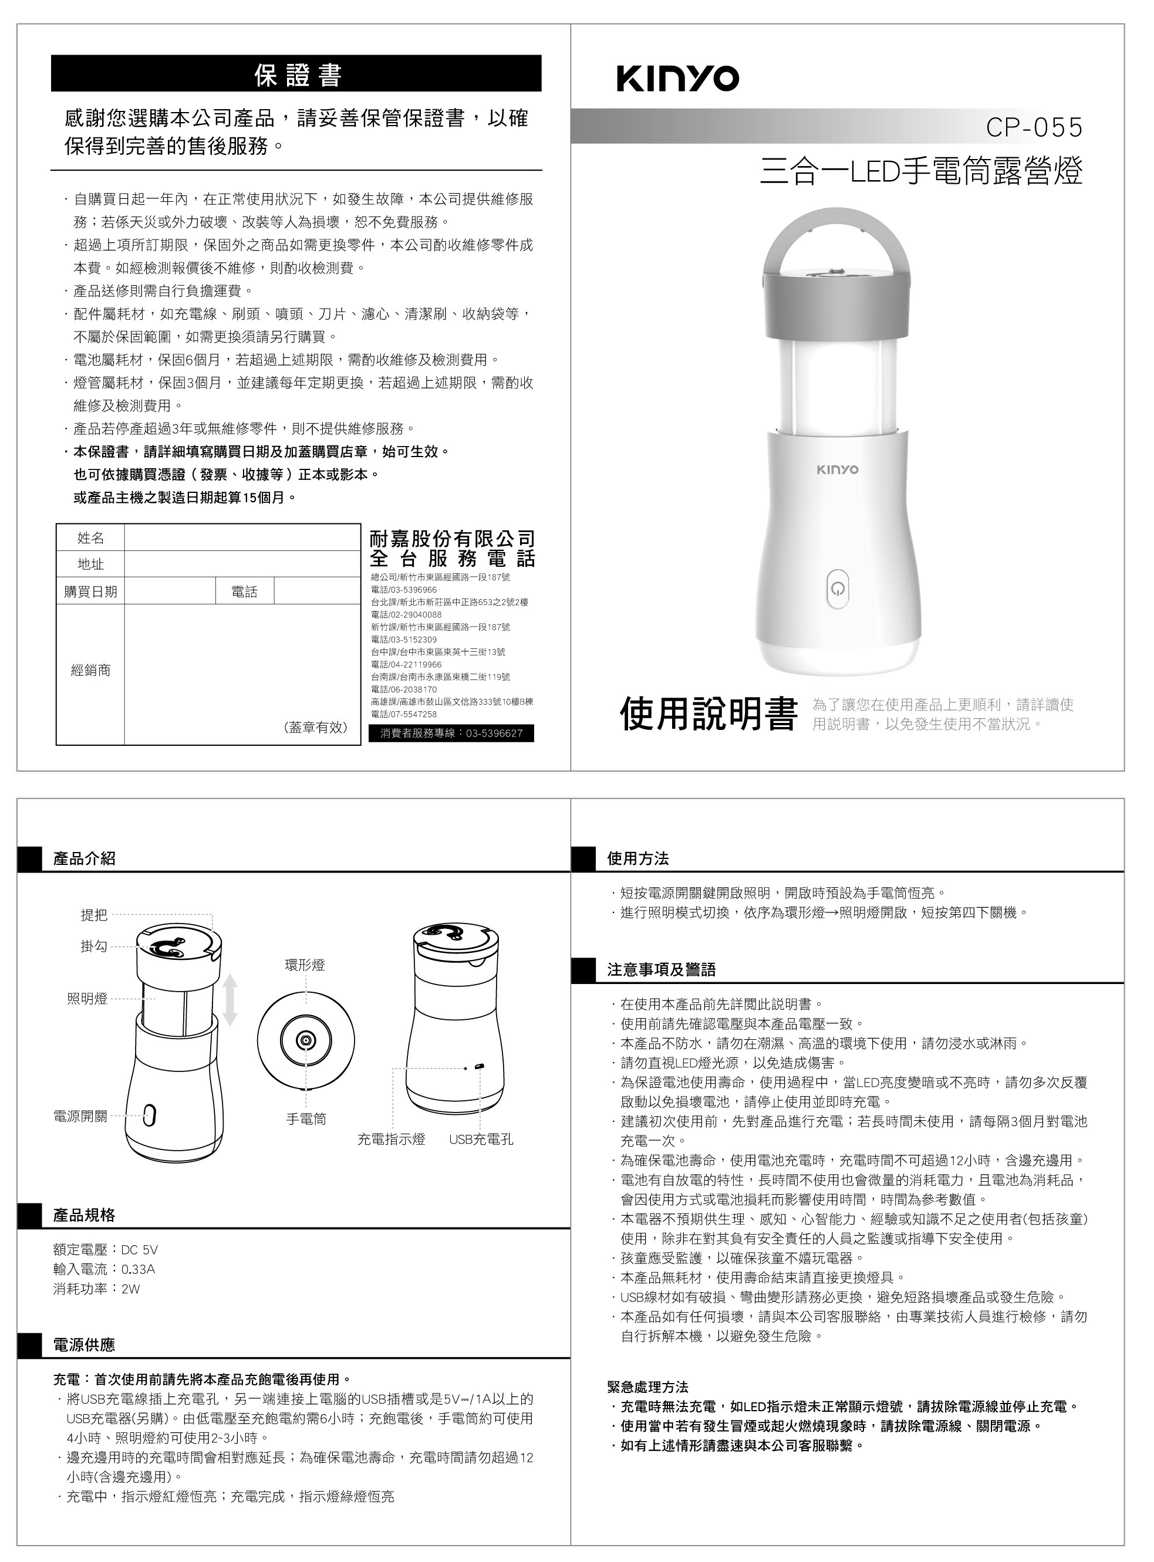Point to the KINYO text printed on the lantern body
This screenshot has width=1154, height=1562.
[838, 469]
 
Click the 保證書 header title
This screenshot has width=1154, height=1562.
[298, 75]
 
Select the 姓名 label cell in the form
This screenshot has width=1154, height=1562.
[90, 537]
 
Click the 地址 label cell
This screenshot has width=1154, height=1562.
[90, 564]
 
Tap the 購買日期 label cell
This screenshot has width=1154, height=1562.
[90, 591]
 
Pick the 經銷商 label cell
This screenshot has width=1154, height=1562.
[90, 670]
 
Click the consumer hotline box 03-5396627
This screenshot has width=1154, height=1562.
[451, 733]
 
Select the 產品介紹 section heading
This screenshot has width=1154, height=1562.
[84, 859]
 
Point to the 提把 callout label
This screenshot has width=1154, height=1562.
[93, 915]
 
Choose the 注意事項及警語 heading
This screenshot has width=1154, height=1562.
[661, 970]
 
